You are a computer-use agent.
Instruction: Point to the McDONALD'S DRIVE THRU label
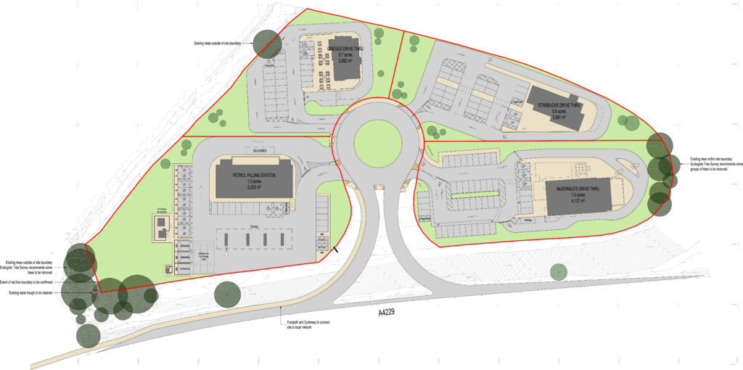tap(578, 189)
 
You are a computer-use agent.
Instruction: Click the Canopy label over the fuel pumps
tap(254, 227)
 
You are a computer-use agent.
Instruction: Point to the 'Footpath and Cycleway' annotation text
tap(308, 324)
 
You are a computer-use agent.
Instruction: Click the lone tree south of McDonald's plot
tap(558, 273)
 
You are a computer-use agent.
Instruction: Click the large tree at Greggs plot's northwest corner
tap(266, 42)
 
